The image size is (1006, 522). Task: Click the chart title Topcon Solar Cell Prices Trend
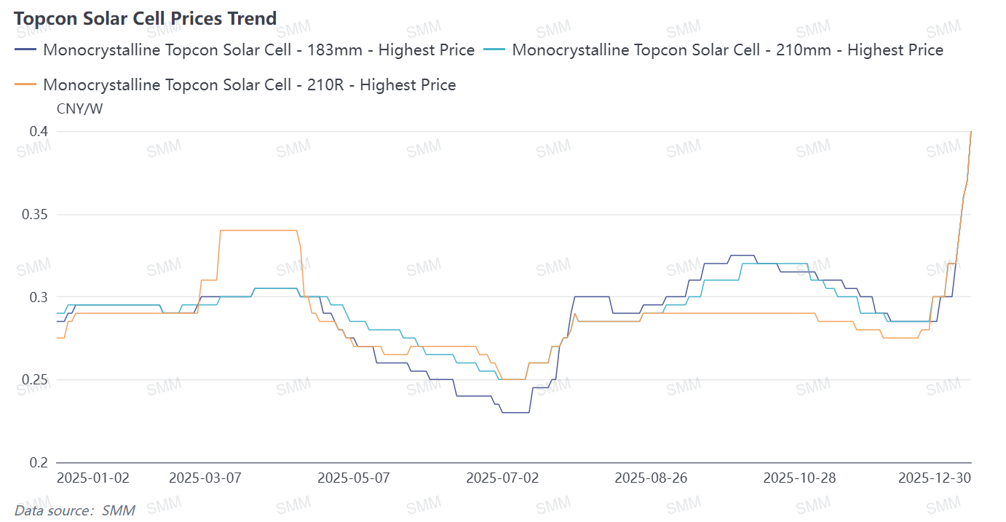(145, 18)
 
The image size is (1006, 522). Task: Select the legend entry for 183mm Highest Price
(258, 50)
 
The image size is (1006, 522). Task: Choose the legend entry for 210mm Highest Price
(727, 50)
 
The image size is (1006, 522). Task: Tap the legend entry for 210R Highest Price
(249, 85)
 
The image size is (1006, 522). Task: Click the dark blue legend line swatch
(26, 50)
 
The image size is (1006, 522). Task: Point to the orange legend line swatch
(26, 85)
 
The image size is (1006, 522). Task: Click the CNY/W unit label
(79, 109)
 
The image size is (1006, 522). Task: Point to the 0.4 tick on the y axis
(39, 132)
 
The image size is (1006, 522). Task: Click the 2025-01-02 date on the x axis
(93, 478)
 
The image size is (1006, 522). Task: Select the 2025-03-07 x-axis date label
(205, 478)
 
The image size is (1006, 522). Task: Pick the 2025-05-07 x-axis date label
(354, 478)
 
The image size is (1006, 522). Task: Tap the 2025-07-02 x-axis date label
(502, 478)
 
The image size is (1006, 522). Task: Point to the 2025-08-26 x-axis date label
(651, 478)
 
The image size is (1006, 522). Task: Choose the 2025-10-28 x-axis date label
(799, 478)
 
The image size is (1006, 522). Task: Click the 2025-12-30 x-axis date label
(935, 478)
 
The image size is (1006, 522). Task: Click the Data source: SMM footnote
(74, 510)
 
